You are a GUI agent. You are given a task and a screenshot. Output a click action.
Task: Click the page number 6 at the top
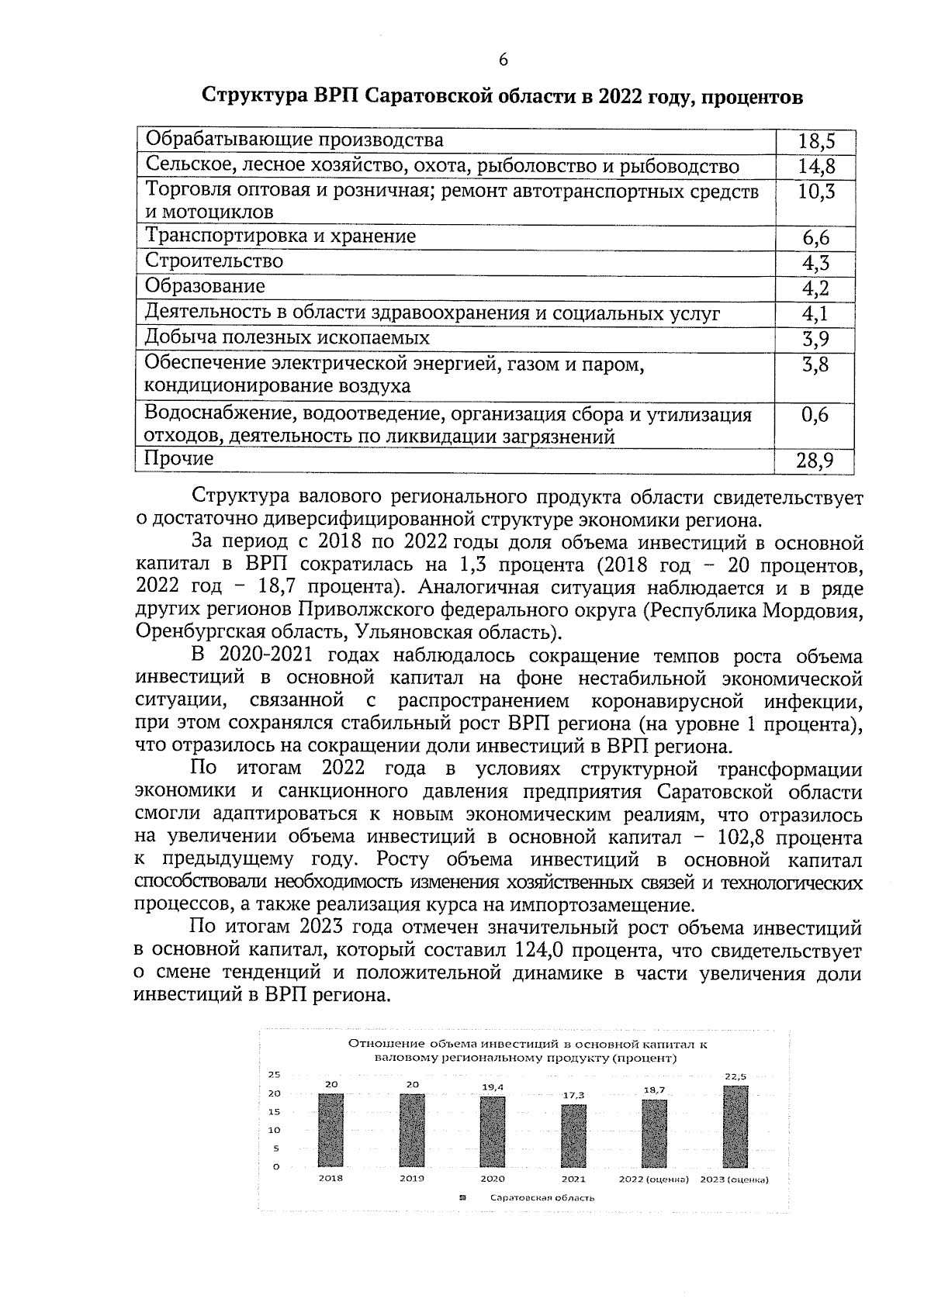click(x=503, y=60)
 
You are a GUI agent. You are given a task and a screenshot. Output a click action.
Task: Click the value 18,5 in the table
click(x=815, y=141)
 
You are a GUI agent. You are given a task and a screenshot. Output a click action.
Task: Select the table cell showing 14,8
click(x=815, y=166)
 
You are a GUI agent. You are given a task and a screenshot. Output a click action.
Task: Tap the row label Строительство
click(x=215, y=261)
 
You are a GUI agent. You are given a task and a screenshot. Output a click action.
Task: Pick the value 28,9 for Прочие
click(x=815, y=461)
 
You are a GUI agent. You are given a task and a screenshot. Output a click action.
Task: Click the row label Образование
click(x=206, y=287)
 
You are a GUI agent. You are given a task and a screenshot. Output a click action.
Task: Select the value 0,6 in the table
click(x=815, y=416)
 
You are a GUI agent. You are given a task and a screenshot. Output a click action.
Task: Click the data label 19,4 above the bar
click(x=493, y=1087)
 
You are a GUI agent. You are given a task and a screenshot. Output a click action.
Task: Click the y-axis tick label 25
click(x=274, y=1075)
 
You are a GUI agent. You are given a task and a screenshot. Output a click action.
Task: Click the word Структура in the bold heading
click(x=255, y=97)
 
